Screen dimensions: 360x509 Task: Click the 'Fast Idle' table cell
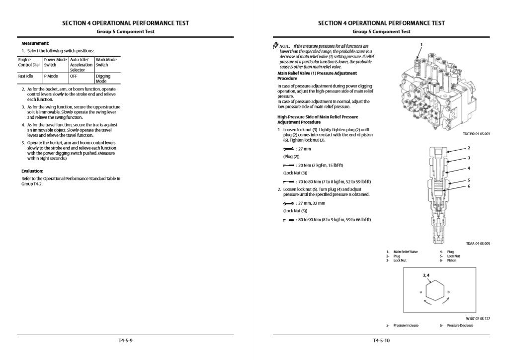[26, 77]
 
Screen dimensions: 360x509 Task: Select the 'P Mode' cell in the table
[51, 77]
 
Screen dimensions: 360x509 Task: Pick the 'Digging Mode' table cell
[103, 79]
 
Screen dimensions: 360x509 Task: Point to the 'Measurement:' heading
[35, 43]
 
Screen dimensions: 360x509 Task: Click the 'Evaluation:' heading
[32, 171]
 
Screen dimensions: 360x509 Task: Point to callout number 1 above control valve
[421, 44]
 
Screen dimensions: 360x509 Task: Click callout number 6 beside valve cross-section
[469, 186]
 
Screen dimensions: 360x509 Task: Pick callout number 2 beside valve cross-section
[469, 148]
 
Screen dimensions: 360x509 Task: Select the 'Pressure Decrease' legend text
[460, 326]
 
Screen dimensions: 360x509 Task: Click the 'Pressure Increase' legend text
[406, 326]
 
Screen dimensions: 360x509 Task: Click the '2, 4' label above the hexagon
[426, 275]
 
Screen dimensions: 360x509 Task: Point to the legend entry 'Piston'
[451, 261]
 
